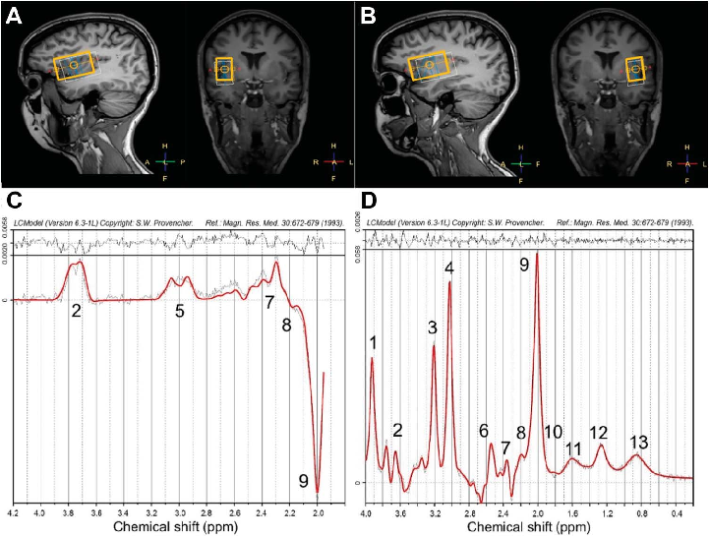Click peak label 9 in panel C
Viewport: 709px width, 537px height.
(304, 480)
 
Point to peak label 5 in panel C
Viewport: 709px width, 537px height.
(180, 312)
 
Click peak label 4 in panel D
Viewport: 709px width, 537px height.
(449, 268)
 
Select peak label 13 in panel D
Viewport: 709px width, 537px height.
(638, 442)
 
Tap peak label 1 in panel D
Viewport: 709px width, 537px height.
(373, 342)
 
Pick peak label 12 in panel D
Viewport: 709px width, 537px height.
(599, 433)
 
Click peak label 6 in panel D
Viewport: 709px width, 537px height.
(484, 431)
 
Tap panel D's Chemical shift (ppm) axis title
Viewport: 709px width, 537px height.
(531, 527)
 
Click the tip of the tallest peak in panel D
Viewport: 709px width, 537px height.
(537, 280)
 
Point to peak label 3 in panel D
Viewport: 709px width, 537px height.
(433, 328)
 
